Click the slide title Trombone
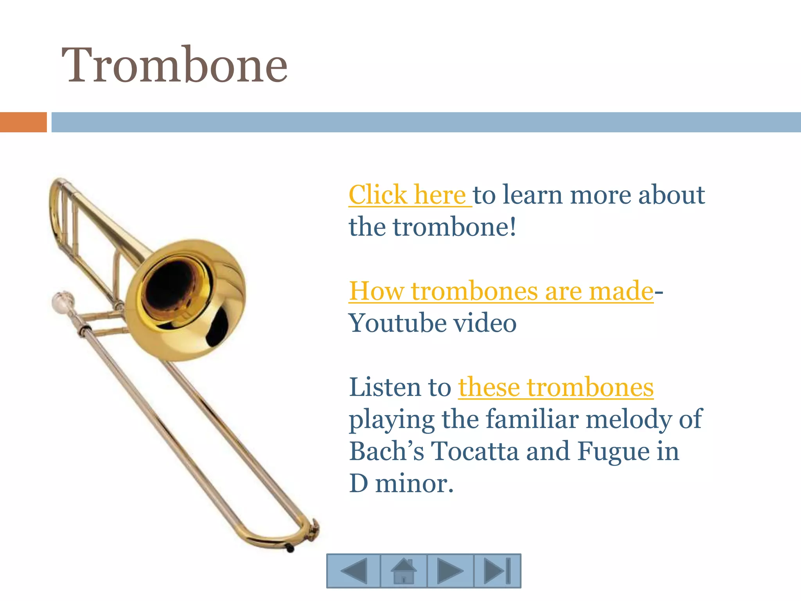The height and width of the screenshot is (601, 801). coord(174,65)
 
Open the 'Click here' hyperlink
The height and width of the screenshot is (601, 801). coord(407,194)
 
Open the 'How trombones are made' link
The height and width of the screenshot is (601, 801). coord(501,291)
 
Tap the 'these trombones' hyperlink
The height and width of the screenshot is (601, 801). coord(555,387)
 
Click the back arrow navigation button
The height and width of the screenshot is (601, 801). coord(354,571)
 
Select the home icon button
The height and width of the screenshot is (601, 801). coord(404,571)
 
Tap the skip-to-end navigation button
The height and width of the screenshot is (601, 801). coord(497,571)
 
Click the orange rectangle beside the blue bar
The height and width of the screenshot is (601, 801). coord(23,122)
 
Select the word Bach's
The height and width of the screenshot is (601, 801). coord(386,451)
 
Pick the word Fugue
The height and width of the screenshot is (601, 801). coord(613,451)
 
